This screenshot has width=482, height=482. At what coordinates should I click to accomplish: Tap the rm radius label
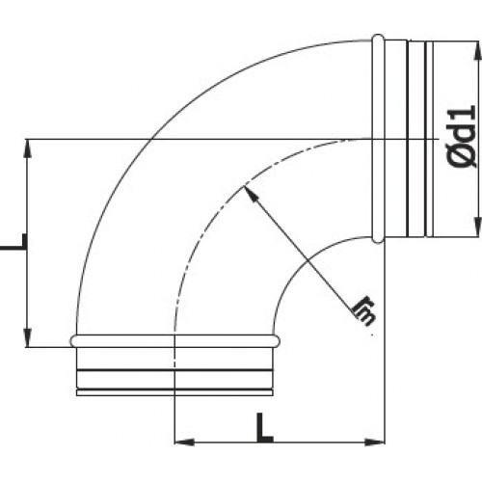(363, 311)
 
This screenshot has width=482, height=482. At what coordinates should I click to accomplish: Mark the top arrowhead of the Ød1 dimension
(475, 46)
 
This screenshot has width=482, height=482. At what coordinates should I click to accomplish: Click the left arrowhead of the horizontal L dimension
(180, 443)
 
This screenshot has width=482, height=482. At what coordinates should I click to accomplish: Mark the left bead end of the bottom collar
(72, 339)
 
